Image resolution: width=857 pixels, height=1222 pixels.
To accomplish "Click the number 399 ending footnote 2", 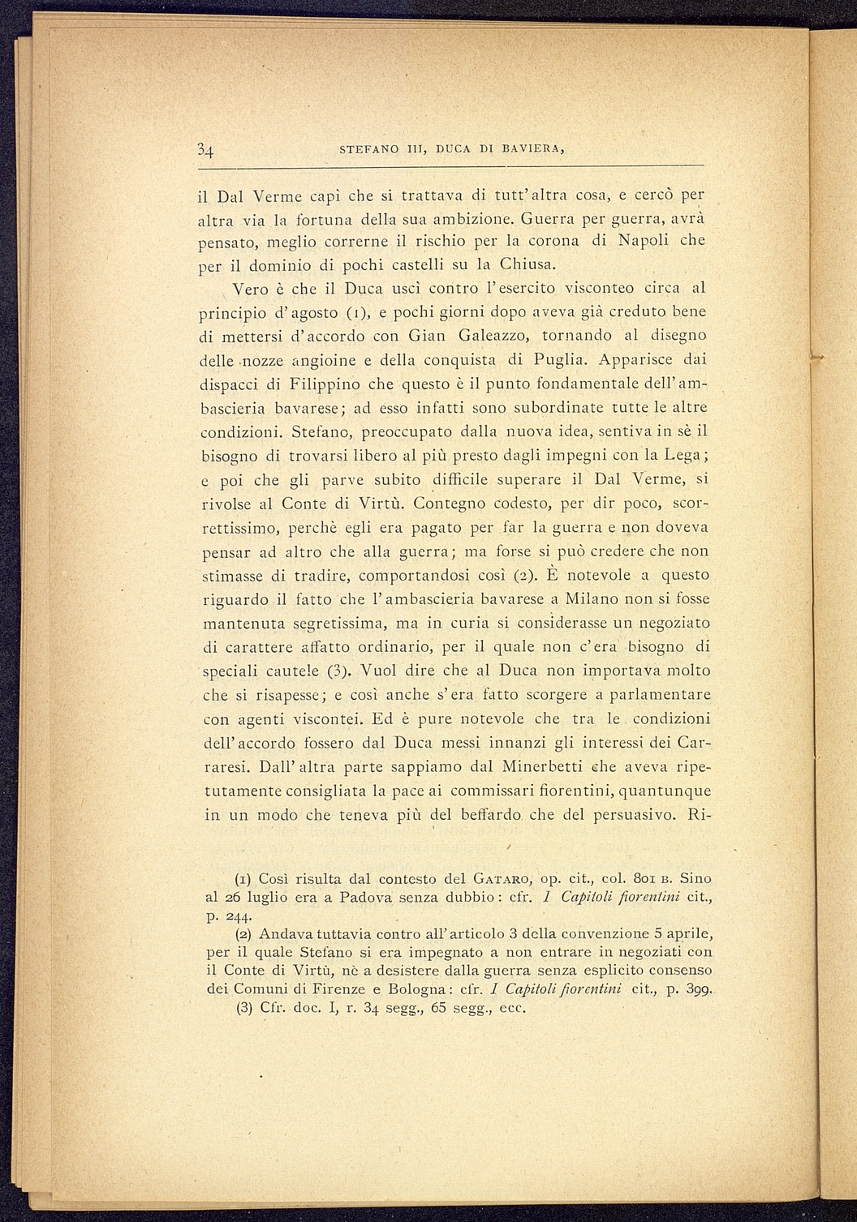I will (x=696, y=988).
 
